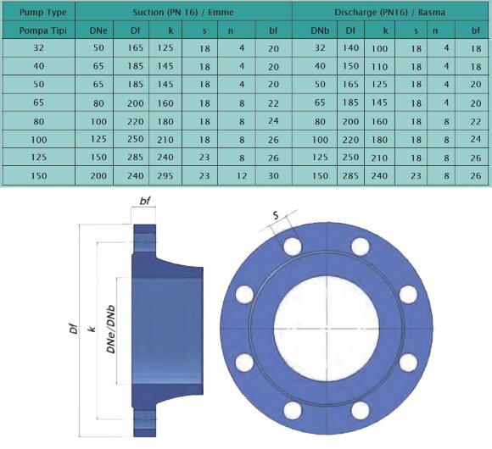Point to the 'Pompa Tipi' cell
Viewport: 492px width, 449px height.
pos(38,31)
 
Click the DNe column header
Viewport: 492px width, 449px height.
pos(98,31)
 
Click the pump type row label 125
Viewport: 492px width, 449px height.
pos(38,158)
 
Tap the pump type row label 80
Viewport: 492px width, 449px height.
pos(38,121)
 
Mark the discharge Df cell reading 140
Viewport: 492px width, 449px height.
pos(350,50)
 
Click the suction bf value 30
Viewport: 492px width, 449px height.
pos(273,175)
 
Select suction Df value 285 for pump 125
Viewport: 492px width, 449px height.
pos(135,158)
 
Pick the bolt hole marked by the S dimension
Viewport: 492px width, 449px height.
pos(293,246)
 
